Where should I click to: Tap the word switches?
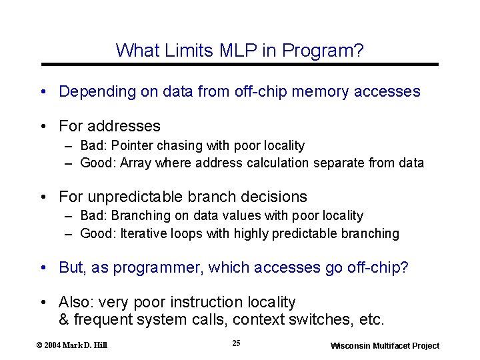(319, 319)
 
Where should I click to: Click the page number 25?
(237, 343)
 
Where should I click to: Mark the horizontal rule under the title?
(240, 64)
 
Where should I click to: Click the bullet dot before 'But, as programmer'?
(43, 268)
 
